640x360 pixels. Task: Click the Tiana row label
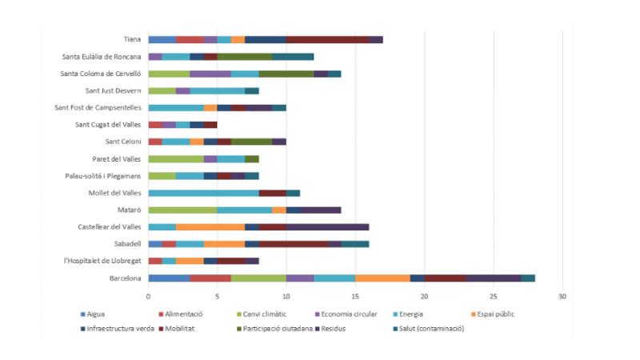click(133, 39)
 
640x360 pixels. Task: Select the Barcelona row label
click(126, 278)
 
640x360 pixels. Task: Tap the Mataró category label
click(130, 210)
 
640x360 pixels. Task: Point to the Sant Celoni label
click(122, 142)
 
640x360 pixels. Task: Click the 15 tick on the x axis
click(355, 296)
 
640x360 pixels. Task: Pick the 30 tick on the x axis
click(562, 296)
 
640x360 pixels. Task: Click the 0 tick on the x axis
click(148, 296)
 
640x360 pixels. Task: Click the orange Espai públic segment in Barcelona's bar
click(382, 278)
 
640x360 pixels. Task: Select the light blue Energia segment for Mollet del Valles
click(203, 193)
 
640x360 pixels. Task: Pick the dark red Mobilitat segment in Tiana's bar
click(327, 39)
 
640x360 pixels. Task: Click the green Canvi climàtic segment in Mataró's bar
click(182, 210)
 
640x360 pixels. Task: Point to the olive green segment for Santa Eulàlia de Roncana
click(245, 56)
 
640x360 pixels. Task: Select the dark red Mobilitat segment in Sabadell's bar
click(294, 244)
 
